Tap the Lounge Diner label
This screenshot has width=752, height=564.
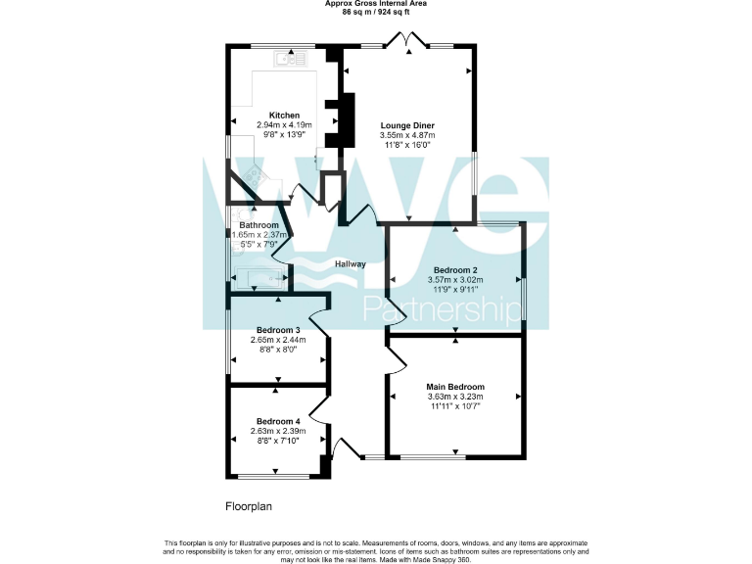(x=407, y=125)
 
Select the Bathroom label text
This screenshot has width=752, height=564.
(x=259, y=225)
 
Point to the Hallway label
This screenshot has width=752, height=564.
(x=350, y=264)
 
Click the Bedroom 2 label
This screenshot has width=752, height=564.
(x=455, y=269)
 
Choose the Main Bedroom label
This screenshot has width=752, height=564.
(x=455, y=386)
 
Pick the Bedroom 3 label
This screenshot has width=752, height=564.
(x=278, y=330)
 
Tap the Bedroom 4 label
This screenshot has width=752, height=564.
(x=278, y=421)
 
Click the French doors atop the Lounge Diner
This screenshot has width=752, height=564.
(x=406, y=40)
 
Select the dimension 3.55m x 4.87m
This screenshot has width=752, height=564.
(x=407, y=135)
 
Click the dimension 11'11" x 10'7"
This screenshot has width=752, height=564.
(x=455, y=405)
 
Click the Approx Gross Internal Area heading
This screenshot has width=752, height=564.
(x=376, y=4)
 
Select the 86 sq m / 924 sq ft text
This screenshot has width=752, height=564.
(x=376, y=12)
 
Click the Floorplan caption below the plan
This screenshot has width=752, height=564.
(x=248, y=507)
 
